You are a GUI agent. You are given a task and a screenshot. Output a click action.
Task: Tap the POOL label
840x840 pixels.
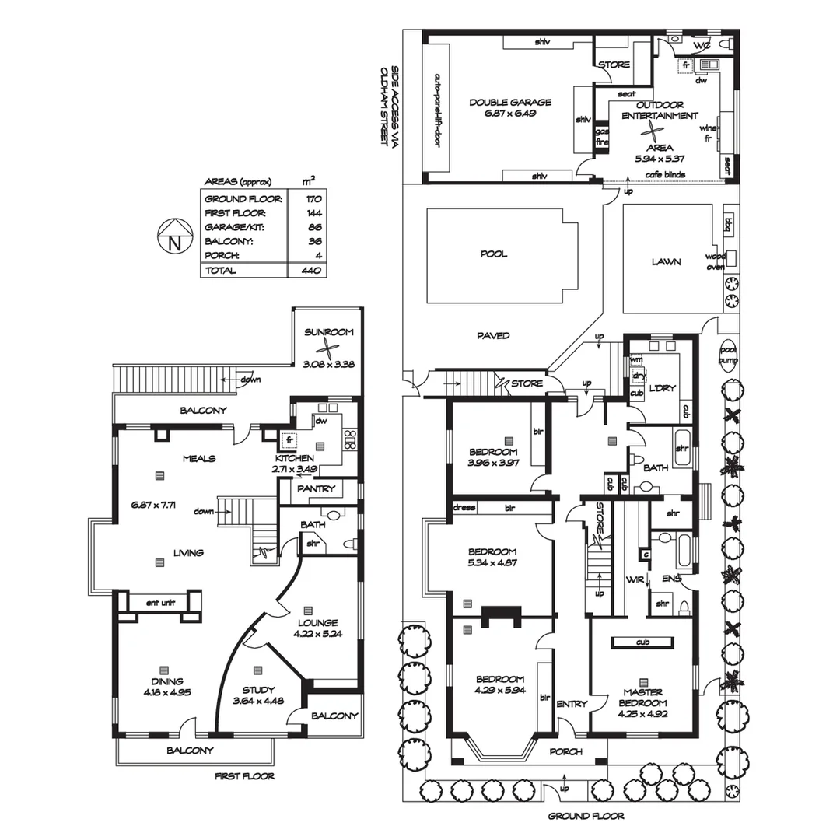(494, 254)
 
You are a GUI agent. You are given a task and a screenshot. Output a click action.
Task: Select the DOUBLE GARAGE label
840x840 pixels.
(510, 102)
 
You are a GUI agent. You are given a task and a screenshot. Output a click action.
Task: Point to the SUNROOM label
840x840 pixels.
(328, 332)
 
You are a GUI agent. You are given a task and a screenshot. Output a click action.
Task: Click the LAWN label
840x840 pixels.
(666, 262)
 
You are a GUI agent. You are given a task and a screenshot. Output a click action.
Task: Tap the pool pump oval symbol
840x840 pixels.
(727, 355)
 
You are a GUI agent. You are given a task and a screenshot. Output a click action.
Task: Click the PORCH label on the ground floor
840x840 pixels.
(565, 751)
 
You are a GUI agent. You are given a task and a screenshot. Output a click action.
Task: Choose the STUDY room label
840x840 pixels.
(257, 689)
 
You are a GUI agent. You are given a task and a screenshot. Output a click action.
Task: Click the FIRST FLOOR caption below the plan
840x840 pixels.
(244, 776)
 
